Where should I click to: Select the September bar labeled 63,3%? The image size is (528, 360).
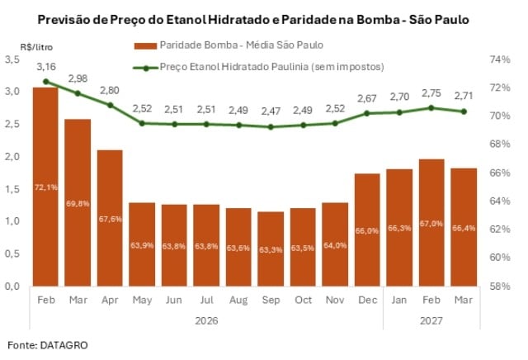coord(270,249)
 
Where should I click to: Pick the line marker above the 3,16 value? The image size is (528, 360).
coord(45,82)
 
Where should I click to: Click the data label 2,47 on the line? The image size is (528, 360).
coord(270,110)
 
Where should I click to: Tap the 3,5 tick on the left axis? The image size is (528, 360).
coord(12,59)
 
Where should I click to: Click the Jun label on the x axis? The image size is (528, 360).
coord(174,299)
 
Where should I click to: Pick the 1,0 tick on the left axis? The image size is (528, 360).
coord(12,221)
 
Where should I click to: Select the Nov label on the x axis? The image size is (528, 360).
coord(334,299)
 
